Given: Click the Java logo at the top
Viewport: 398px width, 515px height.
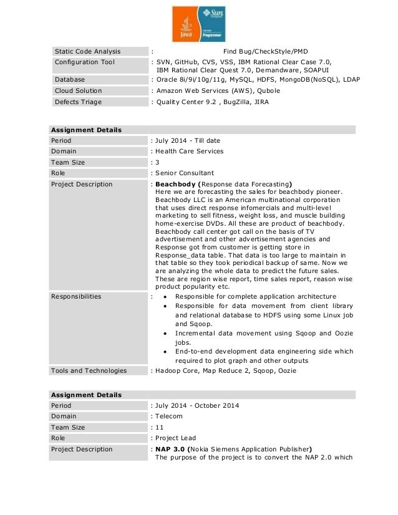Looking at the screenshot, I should click(186, 26).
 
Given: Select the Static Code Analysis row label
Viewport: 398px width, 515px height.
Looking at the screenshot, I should click(88, 51).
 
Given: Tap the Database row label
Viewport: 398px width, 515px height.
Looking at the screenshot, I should click(70, 80).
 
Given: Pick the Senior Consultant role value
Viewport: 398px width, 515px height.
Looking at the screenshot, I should click(185, 173).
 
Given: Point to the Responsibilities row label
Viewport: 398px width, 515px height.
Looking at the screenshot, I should click(75, 297).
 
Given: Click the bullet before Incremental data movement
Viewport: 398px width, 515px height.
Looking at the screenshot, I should click(163, 334).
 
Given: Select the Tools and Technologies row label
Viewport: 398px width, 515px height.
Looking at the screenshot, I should click(89, 371).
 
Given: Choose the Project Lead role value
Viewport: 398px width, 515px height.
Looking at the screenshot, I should click(175, 438).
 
